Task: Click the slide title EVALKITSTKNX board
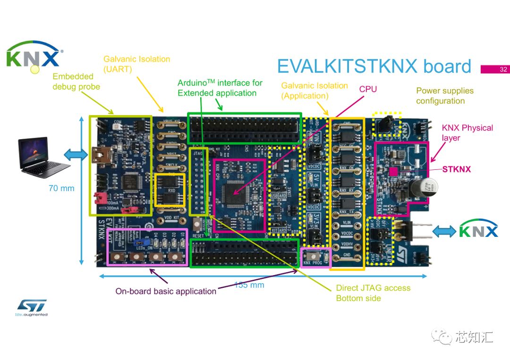click(x=374, y=67)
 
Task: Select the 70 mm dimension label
click(x=61, y=188)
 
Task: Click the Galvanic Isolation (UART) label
click(x=136, y=64)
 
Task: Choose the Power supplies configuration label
click(x=444, y=96)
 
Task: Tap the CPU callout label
click(x=368, y=89)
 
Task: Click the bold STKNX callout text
click(x=456, y=169)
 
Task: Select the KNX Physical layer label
click(x=460, y=133)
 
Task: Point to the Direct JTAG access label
click(x=373, y=293)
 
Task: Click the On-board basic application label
click(x=166, y=291)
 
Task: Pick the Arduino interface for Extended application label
click(x=220, y=88)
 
